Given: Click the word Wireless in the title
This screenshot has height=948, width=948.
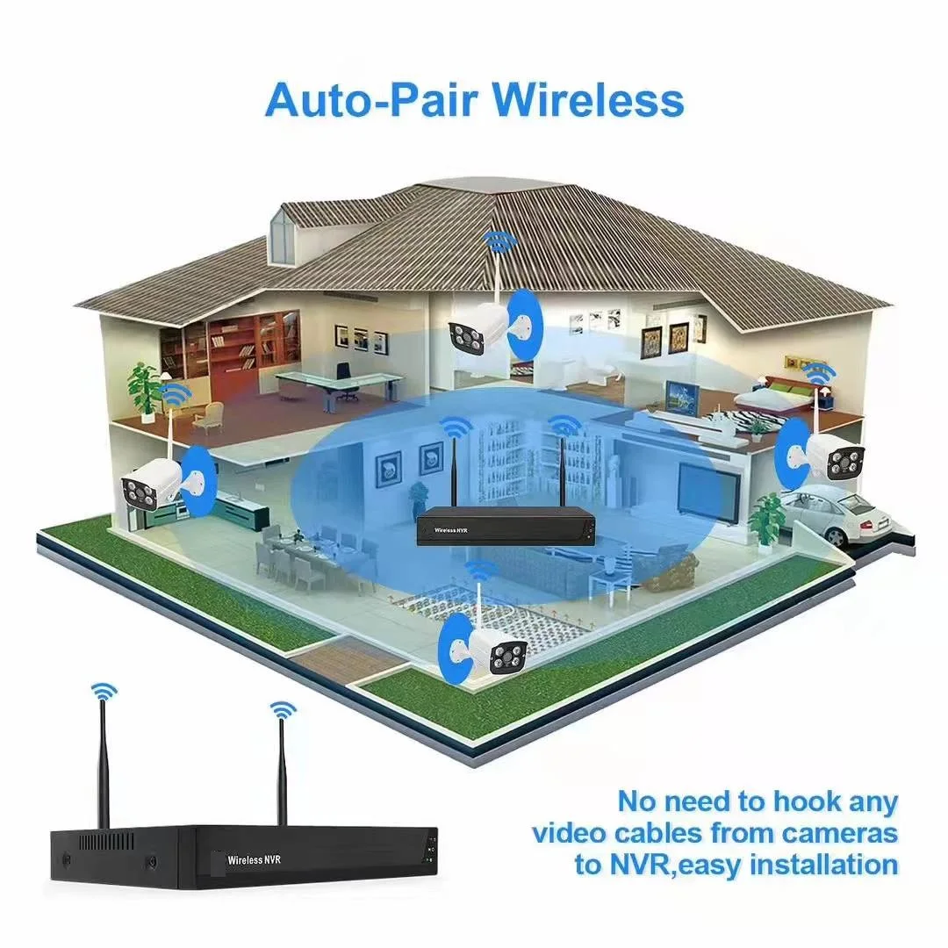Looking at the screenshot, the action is (587, 100).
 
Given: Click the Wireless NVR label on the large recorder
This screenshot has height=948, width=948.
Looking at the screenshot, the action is (254, 859).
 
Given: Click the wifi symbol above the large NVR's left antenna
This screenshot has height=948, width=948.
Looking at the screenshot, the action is (104, 692).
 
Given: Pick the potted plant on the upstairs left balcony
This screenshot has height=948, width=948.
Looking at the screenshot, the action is (143, 391).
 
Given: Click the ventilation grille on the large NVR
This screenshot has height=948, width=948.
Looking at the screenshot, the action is (106, 842).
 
